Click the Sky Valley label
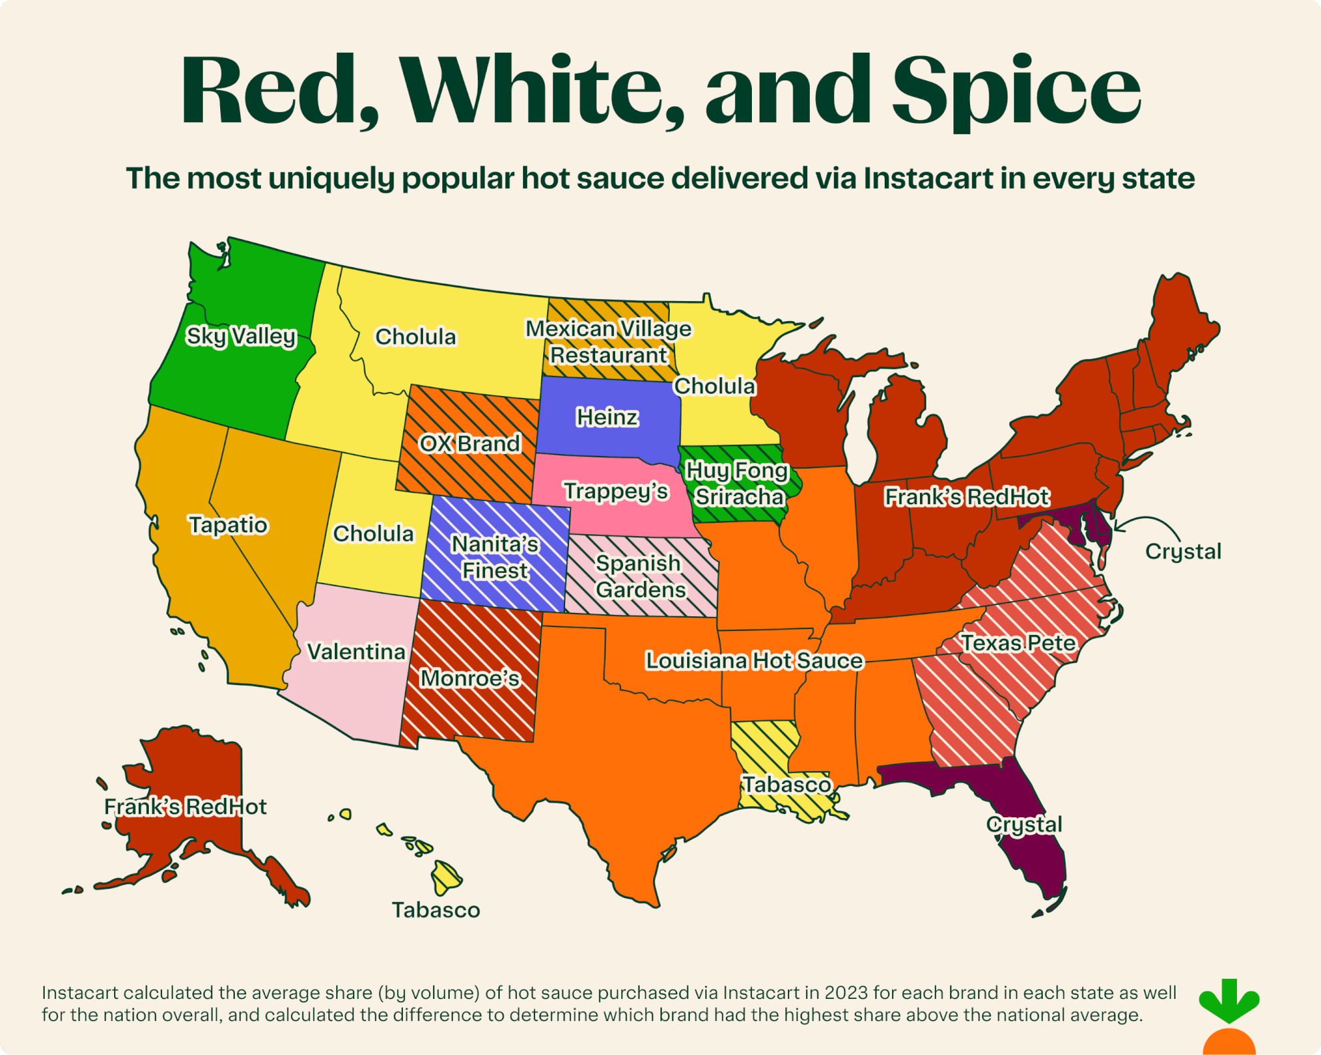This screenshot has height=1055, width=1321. (241, 336)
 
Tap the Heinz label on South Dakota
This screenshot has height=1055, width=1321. (607, 417)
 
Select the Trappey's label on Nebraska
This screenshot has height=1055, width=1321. (616, 491)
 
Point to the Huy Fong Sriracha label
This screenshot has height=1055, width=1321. (738, 484)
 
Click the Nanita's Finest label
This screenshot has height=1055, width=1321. (495, 558)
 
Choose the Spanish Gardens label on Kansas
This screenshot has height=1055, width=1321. (639, 576)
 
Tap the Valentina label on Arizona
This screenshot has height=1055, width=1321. (356, 652)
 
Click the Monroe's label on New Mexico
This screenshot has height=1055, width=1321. (470, 678)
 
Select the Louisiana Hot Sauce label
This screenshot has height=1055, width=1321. (754, 661)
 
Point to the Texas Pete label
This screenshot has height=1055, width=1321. (1017, 643)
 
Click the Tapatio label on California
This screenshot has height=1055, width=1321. (228, 525)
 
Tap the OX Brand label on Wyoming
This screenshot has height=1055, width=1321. (470, 443)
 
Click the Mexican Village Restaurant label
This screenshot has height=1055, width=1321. (608, 342)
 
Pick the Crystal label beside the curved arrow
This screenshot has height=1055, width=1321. (1183, 552)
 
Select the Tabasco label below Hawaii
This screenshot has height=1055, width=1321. (436, 910)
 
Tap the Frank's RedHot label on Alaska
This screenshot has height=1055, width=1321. (185, 807)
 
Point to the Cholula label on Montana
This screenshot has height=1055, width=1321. (415, 337)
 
